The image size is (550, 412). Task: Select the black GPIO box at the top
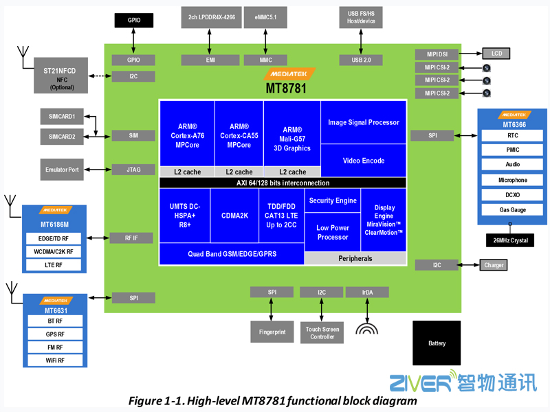(134, 21)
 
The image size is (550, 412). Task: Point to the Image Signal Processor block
(363, 122)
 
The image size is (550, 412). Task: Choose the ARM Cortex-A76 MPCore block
(187, 135)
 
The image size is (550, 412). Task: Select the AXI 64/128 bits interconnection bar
(283, 183)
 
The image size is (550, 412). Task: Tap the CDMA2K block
(234, 215)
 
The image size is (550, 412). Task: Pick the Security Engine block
(333, 201)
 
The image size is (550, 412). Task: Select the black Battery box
(437, 343)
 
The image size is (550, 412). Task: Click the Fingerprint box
(272, 332)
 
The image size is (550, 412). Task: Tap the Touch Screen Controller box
(322, 333)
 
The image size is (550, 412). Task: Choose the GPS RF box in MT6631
(55, 334)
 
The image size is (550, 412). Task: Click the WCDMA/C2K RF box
(55, 252)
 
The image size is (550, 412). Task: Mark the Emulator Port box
(62, 169)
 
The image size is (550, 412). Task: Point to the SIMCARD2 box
(62, 137)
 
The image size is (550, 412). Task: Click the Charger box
(494, 265)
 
